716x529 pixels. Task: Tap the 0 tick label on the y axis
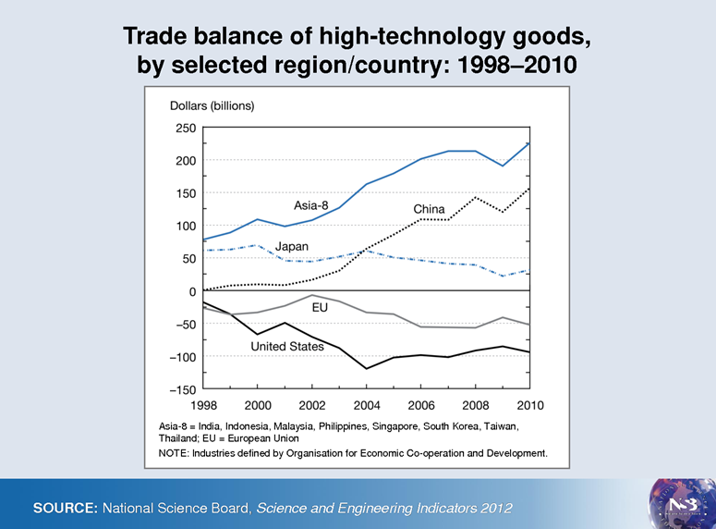click(x=191, y=291)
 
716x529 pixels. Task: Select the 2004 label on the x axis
click(x=366, y=405)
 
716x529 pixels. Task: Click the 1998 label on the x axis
click(x=203, y=405)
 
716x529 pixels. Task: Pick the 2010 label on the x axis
click(x=529, y=405)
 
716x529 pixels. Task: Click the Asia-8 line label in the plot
click(x=312, y=204)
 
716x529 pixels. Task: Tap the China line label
click(x=429, y=210)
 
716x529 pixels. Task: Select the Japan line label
click(x=292, y=247)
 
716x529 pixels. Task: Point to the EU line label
click(x=321, y=306)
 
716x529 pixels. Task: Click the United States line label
click(x=287, y=347)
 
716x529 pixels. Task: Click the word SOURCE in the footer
click(x=65, y=509)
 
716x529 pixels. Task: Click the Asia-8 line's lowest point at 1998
click(x=203, y=240)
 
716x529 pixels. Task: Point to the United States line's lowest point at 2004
click(x=367, y=368)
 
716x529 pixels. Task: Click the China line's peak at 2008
click(x=475, y=197)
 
